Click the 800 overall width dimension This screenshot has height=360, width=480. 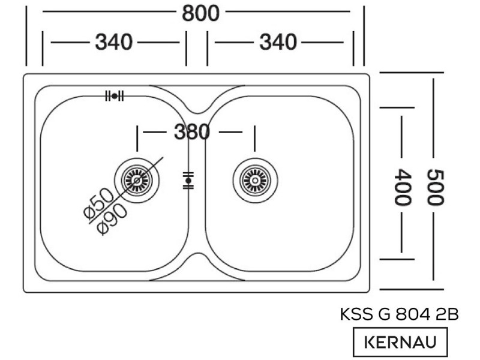click(x=200, y=13)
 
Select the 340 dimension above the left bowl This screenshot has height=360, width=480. click(x=114, y=42)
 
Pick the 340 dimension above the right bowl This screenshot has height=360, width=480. click(x=278, y=42)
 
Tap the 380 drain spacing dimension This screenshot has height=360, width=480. click(x=192, y=132)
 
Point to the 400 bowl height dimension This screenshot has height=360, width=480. click(x=402, y=187)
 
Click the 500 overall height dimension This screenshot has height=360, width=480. click(x=435, y=187)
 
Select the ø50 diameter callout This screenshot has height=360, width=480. click(x=98, y=203)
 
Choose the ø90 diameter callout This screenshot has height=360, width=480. click(x=112, y=218)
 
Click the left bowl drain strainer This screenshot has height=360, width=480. click(x=137, y=181)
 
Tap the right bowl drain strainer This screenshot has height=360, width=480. click(x=255, y=181)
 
